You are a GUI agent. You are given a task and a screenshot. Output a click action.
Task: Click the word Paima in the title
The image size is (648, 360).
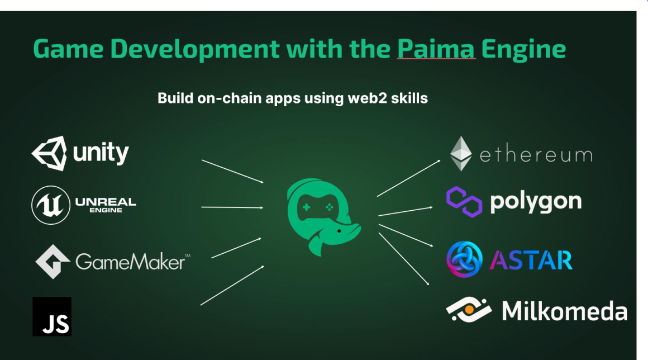(436, 49)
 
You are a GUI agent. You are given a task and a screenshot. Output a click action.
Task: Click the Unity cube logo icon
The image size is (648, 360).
(50, 153)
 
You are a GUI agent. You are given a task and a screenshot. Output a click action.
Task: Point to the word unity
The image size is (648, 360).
(101, 152)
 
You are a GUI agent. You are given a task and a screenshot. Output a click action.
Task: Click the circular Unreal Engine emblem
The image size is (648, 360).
(51, 205)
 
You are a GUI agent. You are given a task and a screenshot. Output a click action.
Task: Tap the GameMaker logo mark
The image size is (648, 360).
(53, 261)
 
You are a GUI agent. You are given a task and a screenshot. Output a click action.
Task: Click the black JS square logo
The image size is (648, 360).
(52, 316)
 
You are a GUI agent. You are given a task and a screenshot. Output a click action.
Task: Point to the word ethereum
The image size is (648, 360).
(535, 154)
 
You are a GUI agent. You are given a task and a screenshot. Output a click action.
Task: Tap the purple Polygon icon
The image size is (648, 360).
(464, 202)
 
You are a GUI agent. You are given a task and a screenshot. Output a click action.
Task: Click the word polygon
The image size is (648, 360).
(535, 202)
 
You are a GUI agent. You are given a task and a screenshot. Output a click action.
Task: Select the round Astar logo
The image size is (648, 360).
(464, 259)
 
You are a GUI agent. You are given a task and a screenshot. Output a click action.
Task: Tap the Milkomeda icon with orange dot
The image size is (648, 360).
(468, 309)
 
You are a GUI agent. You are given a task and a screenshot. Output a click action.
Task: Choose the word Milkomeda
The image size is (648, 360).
(564, 310)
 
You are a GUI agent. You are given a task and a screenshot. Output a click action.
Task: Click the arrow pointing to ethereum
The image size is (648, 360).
(408, 178)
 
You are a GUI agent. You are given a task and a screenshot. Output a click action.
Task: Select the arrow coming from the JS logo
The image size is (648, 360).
(232, 285)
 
